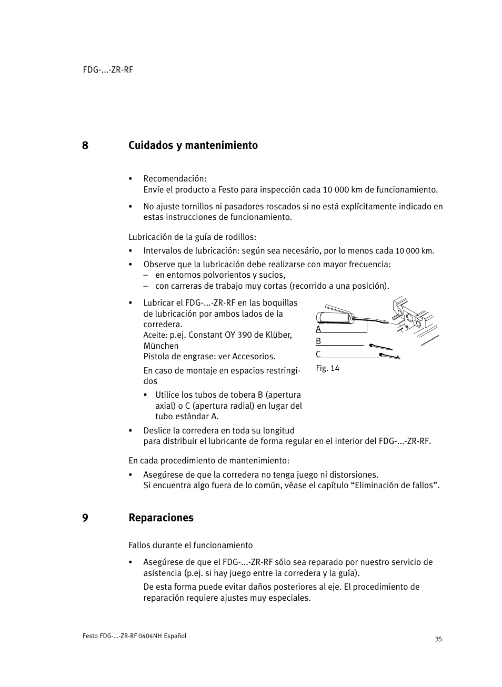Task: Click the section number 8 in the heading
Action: pyautogui.click(x=85, y=146)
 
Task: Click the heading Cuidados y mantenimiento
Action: pyautogui.click(x=193, y=146)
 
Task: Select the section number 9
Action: pyautogui.click(x=85, y=518)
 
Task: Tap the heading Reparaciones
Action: pyautogui.click(x=160, y=518)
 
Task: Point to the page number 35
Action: pyautogui.click(x=438, y=640)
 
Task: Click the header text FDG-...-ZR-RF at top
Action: pyautogui.click(x=108, y=70)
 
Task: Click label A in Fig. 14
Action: pyautogui.click(x=318, y=329)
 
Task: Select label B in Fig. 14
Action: pyautogui.click(x=318, y=341)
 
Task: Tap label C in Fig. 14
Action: pyautogui.click(x=318, y=355)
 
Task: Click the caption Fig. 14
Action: pyautogui.click(x=327, y=368)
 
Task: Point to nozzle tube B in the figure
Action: pyautogui.click(x=380, y=347)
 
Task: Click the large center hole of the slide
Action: pyautogui.click(x=408, y=318)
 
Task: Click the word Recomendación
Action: pyautogui.click(x=175, y=179)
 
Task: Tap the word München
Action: pyautogui.click(x=161, y=346)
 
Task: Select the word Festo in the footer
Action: pyautogui.click(x=90, y=636)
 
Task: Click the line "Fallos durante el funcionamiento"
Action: pyautogui.click(x=190, y=545)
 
